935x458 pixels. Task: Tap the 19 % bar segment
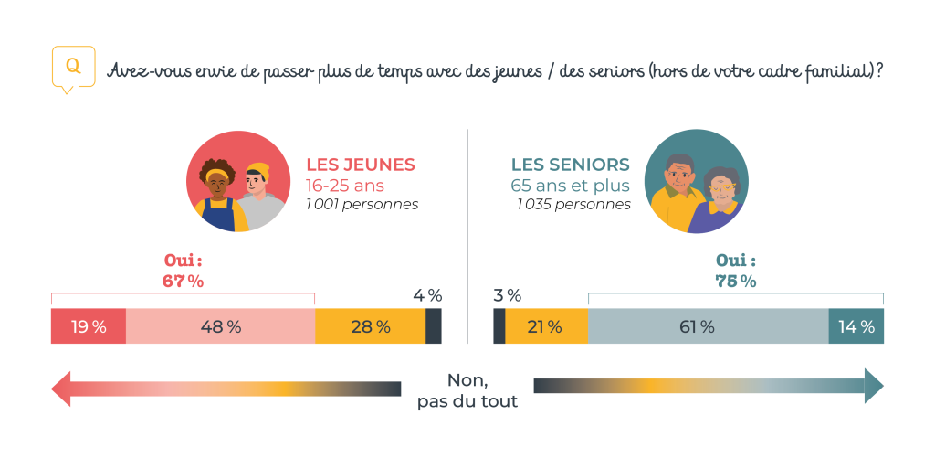[88, 327]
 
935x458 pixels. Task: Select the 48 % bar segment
[220, 327]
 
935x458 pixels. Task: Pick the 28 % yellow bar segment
[370, 327]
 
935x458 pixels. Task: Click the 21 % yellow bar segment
[545, 327]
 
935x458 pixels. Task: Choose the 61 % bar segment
[708, 327]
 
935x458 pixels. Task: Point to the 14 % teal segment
[856, 327]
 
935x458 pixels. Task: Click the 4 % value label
[426, 295]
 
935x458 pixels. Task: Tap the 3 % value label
[508, 295]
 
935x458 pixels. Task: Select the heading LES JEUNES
[360, 165]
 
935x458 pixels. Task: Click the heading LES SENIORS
[570, 165]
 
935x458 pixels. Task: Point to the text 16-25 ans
[345, 186]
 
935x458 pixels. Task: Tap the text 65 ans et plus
[570, 186]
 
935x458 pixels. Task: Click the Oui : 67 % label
[183, 272]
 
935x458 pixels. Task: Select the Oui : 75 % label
[736, 272]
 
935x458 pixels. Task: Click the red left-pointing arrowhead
[60, 389]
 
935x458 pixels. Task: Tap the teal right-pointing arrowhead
[874, 386]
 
